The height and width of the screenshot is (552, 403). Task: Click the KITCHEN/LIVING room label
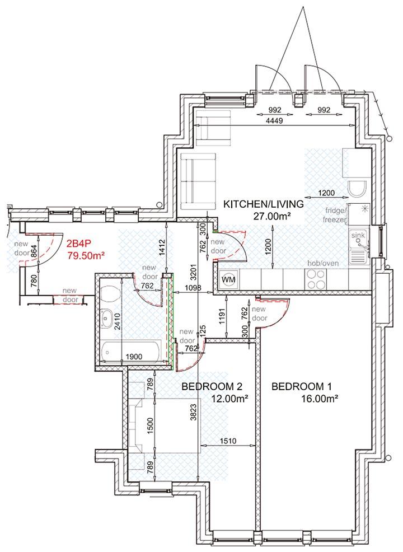264,204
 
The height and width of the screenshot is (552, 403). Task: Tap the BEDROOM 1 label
302,386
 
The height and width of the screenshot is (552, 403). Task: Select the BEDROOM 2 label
212,386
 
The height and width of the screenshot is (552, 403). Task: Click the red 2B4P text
79,244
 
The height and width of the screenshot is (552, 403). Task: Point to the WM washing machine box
229,279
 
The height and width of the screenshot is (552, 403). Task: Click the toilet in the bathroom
110,293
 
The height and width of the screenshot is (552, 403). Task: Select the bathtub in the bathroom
131,351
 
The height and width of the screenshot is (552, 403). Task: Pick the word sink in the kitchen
358,236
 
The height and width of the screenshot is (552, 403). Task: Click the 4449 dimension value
275,120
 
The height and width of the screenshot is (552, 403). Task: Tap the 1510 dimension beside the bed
228,441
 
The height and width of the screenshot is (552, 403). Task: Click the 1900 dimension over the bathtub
134,357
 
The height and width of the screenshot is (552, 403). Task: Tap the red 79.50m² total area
86,255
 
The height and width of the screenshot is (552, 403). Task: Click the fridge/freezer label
335,215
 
